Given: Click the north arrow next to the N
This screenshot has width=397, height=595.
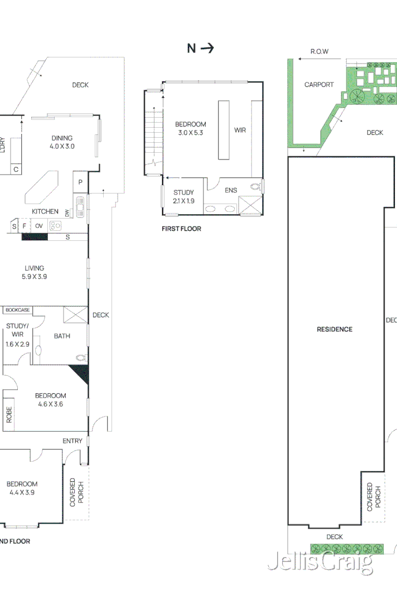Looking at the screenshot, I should click(207, 49).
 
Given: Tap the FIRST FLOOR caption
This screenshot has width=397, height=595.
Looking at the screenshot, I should click(181, 229).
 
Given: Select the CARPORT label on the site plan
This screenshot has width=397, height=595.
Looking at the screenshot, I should click(319, 85).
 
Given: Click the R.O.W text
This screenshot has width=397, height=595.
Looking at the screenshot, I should click(319, 52).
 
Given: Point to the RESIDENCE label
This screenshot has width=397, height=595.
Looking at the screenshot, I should click(335, 329).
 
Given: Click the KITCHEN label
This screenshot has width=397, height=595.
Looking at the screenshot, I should click(45, 211).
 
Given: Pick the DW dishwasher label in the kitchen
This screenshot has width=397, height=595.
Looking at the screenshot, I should click(67, 212).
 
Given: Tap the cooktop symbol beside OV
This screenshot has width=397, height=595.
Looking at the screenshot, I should click(55, 226).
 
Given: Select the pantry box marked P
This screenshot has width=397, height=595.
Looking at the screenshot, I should click(80, 182).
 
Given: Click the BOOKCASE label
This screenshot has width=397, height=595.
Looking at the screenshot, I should click(18, 310).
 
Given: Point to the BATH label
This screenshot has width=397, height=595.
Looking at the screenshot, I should click(62, 336).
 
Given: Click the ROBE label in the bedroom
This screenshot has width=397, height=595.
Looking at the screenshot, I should click(9, 415).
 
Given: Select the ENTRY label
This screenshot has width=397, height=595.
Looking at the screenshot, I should click(72, 441).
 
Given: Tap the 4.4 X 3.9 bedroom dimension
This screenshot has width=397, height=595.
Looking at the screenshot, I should click(22, 492).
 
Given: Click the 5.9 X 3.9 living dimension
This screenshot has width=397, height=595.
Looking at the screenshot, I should click(34, 276).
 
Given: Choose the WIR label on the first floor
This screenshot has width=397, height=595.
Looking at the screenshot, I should click(240, 130).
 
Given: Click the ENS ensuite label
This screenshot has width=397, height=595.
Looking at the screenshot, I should click(231, 190).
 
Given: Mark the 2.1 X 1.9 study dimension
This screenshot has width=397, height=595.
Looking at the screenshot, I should click(183, 201).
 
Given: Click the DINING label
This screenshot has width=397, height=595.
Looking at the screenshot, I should click(62, 138).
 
